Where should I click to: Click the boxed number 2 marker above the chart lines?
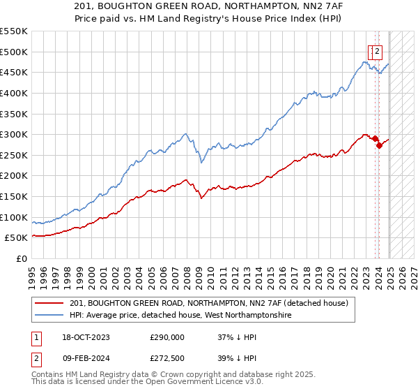[x=377, y=50]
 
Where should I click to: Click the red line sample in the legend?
[x=50, y=303]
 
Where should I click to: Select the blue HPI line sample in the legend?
[x=50, y=316]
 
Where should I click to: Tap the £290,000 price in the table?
[x=167, y=337]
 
